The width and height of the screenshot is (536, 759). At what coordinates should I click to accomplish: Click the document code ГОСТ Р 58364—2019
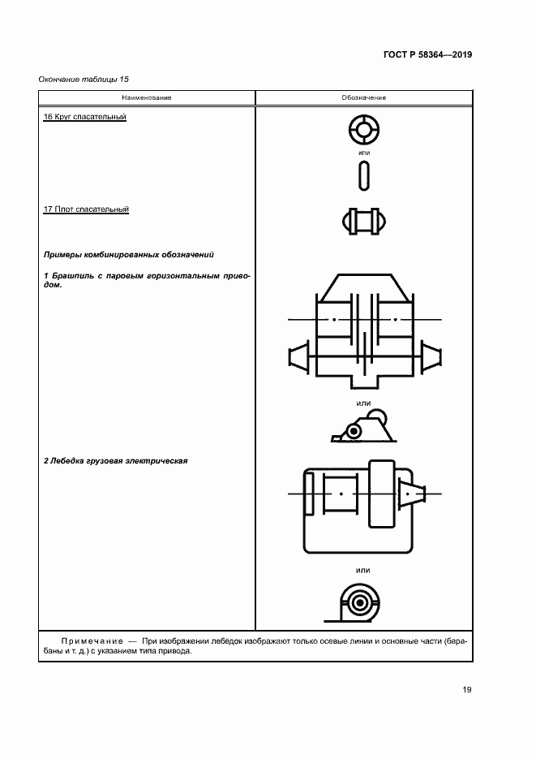click(427, 55)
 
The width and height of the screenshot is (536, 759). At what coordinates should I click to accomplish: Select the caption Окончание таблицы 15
click(84, 79)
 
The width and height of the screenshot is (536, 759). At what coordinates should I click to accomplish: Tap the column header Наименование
click(147, 97)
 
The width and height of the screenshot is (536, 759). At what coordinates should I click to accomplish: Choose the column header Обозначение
click(363, 97)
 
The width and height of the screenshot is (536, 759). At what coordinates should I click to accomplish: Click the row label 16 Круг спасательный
click(84, 118)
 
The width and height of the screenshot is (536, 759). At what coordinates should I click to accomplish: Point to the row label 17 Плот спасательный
click(86, 209)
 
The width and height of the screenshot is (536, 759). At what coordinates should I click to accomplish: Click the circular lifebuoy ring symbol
click(363, 128)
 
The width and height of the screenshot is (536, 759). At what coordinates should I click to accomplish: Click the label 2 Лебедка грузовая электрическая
click(115, 461)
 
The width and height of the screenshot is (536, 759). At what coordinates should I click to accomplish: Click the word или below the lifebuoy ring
click(363, 153)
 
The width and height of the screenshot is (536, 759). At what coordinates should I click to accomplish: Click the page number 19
click(467, 690)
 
